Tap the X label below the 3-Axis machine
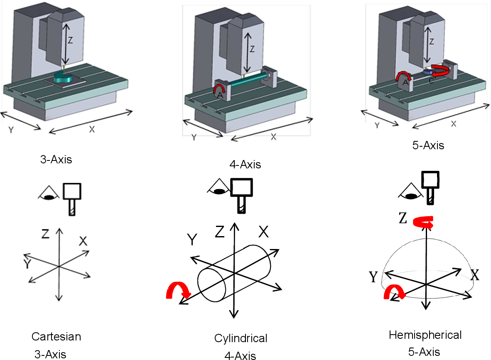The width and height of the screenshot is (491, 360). point(92,129)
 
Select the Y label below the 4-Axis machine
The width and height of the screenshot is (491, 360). point(194,138)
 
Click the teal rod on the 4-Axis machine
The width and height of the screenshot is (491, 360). point(245,82)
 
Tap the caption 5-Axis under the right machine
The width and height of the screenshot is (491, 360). point(432,145)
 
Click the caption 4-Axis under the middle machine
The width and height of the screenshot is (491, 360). point(245,165)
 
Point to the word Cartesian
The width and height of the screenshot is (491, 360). point(56,336)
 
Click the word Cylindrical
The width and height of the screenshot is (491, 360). point(241,338)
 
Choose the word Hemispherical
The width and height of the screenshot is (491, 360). point(425,335)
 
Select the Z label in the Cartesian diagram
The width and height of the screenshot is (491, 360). point(46,234)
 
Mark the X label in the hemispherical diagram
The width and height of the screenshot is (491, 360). point(475,274)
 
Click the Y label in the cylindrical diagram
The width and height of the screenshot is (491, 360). point(192,240)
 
